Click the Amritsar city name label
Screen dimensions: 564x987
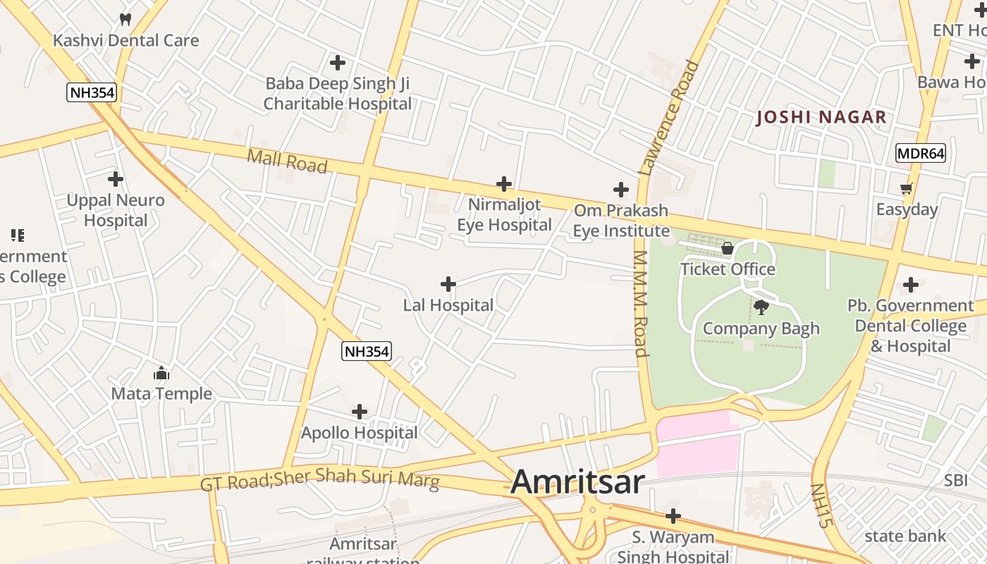577,482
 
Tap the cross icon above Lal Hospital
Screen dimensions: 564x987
448,284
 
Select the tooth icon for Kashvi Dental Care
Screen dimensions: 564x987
125,20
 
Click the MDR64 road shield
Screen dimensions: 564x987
921,153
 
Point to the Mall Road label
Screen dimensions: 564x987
287,161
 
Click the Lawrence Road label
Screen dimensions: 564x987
669,117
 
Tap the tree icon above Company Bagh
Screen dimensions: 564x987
761,307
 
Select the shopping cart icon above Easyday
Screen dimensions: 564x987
907,188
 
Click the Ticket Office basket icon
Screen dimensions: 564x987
728,248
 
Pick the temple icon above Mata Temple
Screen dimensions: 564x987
161,373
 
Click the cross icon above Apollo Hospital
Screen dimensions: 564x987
360,411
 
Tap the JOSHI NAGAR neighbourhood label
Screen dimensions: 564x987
821,118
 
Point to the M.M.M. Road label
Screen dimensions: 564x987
640,303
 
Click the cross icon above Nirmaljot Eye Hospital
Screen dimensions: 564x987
504,184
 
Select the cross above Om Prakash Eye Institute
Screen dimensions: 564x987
620,190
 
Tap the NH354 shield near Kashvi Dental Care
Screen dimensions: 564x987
92,92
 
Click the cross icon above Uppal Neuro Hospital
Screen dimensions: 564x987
116,179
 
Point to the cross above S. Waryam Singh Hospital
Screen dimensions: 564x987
673,516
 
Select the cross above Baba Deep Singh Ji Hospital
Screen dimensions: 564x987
338,63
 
